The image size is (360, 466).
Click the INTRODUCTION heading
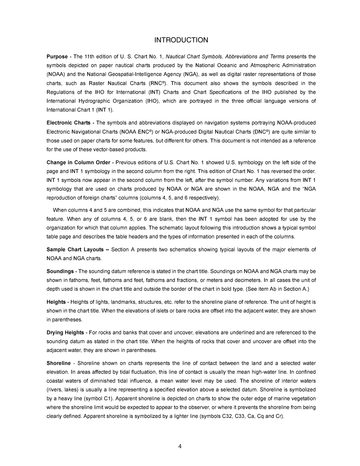[x=181, y=40]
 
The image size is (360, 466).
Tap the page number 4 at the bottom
[x=180, y=446]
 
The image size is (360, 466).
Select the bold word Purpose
[x=57, y=57]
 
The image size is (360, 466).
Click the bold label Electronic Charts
[x=68, y=123]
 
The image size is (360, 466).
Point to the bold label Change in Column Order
[x=78, y=162]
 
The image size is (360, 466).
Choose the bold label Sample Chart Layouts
[x=75, y=250]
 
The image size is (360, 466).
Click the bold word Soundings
[x=60, y=271]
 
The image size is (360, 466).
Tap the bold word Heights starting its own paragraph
[x=56, y=302]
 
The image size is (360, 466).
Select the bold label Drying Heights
[x=65, y=333]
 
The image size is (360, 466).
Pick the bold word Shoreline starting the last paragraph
[x=59, y=363]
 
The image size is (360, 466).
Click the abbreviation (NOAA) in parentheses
[x=55, y=74]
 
